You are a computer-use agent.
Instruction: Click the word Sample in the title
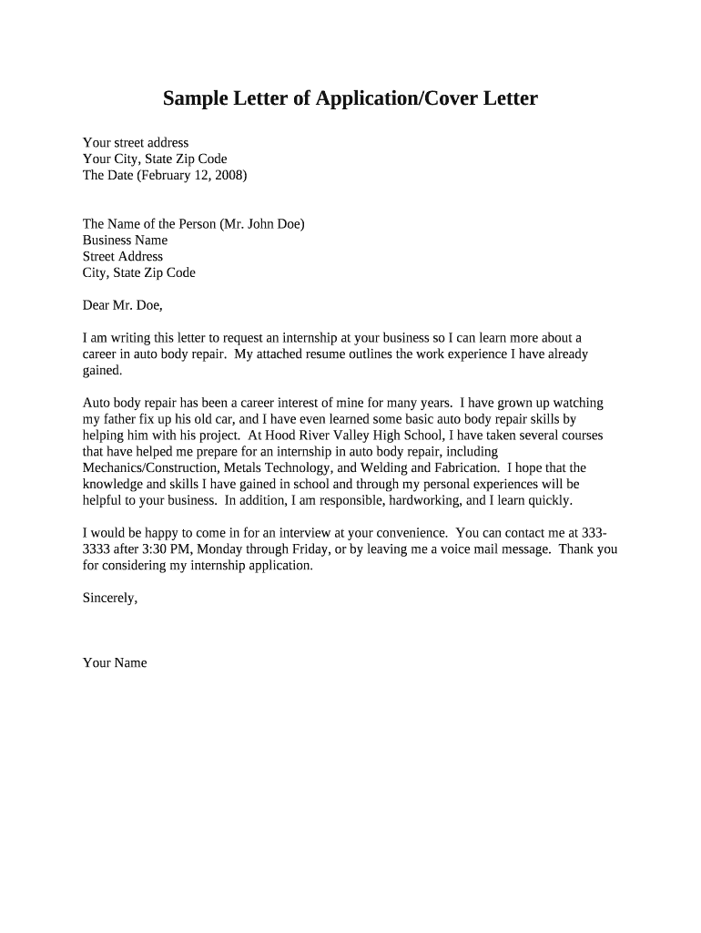[x=195, y=98]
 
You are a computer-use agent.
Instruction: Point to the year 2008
[x=228, y=175]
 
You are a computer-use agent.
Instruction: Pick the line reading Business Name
[x=125, y=241]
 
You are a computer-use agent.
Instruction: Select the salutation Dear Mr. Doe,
[x=122, y=305]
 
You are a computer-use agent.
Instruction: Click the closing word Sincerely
[x=109, y=598]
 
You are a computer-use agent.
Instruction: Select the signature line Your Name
[x=115, y=662]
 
